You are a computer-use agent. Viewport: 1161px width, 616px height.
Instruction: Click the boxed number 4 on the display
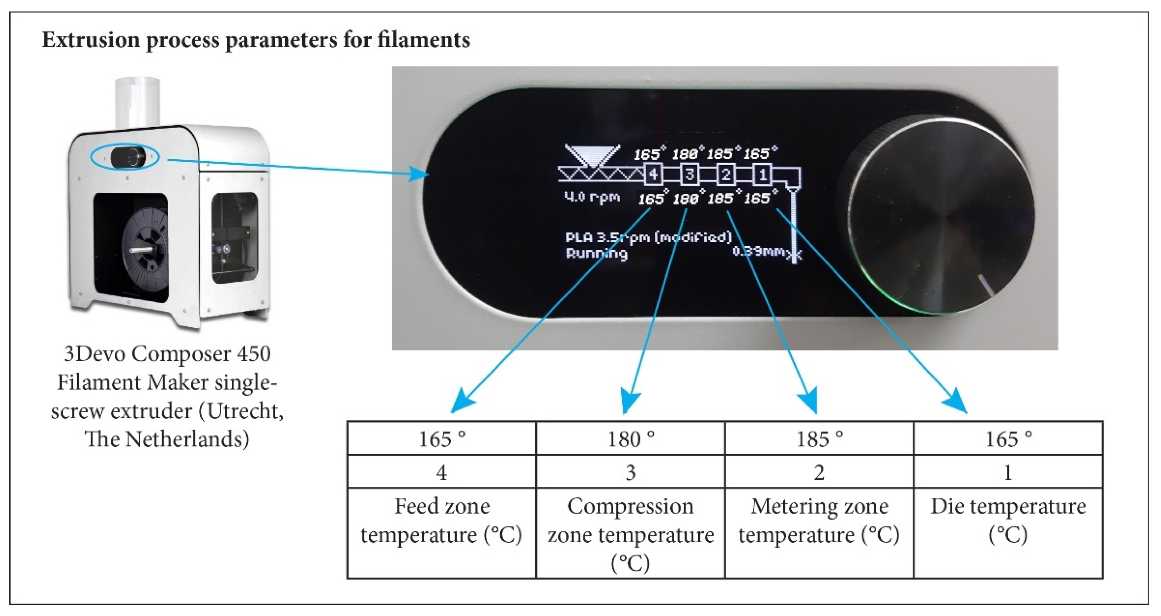point(653,174)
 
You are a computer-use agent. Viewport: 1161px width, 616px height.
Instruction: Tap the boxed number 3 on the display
point(689,174)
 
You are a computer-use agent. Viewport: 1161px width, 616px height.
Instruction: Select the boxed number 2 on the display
point(726,174)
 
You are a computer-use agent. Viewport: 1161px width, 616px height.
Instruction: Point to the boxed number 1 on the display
point(762,174)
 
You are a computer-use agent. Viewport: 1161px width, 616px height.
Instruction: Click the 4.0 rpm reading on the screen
point(592,197)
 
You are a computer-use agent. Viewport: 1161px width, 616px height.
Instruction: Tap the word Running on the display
point(596,254)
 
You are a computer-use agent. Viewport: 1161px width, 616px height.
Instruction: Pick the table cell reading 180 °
point(630,439)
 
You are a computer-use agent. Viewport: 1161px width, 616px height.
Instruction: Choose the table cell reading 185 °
point(819,439)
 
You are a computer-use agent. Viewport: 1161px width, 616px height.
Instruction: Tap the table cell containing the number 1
point(1008,472)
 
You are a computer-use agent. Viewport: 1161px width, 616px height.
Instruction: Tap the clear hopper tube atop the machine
point(137,102)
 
